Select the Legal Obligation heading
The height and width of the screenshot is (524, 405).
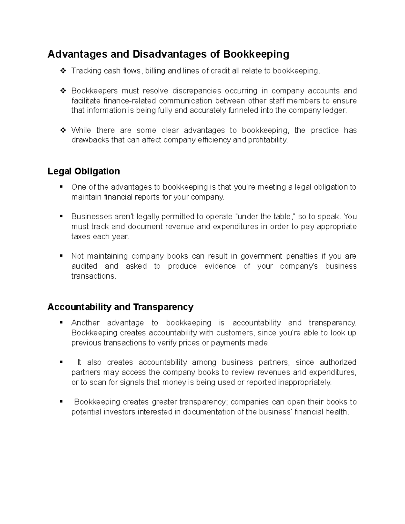(84, 171)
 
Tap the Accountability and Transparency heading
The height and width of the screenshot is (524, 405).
(120, 307)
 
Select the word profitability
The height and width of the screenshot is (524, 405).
(268, 140)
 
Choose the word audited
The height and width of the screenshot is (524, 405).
(84, 266)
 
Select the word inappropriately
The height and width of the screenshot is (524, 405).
(304, 382)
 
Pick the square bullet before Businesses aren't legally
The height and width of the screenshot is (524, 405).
(61, 216)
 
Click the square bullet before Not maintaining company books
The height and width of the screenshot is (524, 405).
(61, 256)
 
